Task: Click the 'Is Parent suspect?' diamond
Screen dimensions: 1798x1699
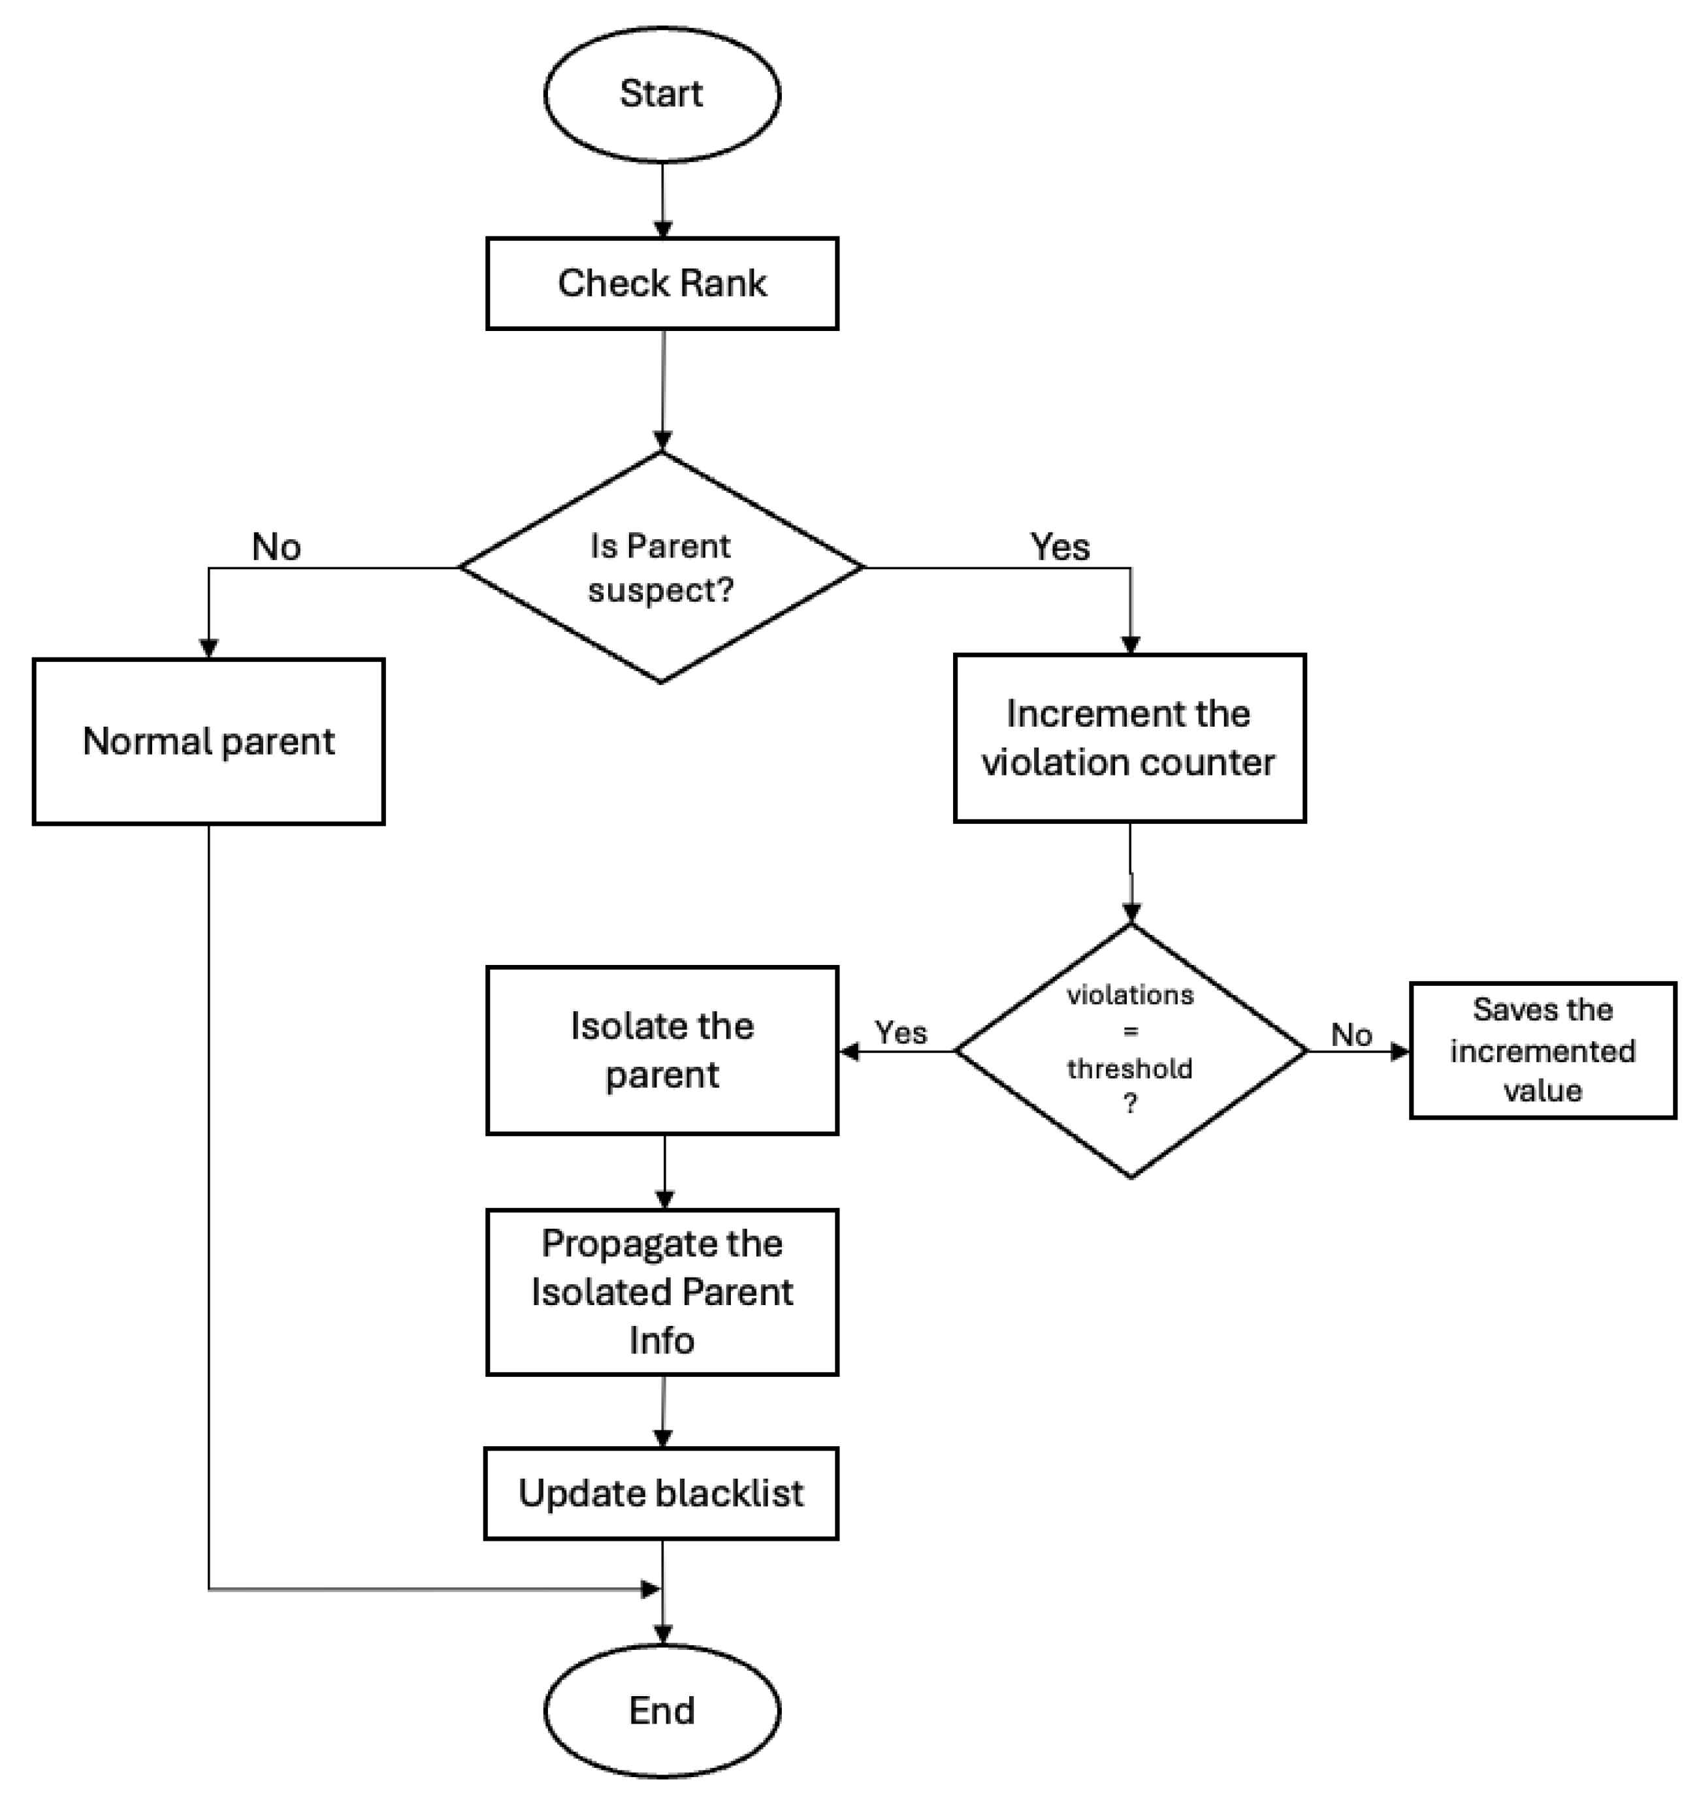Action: [x=661, y=567]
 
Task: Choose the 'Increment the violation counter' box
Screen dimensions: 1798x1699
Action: [x=1129, y=738]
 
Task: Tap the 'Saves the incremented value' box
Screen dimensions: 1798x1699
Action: [x=1542, y=1050]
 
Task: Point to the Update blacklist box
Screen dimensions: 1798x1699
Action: [x=661, y=1494]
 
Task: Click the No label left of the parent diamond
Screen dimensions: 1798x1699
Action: [x=276, y=547]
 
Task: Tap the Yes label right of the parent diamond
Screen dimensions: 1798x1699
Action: [x=1060, y=547]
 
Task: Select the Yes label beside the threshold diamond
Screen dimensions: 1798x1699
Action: [x=900, y=1032]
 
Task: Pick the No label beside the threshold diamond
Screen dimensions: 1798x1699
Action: [x=1351, y=1034]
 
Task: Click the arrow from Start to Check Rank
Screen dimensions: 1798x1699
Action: [x=662, y=199]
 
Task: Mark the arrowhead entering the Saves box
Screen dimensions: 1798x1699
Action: [x=1400, y=1051]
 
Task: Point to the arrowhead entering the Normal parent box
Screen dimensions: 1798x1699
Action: [x=208, y=648]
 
